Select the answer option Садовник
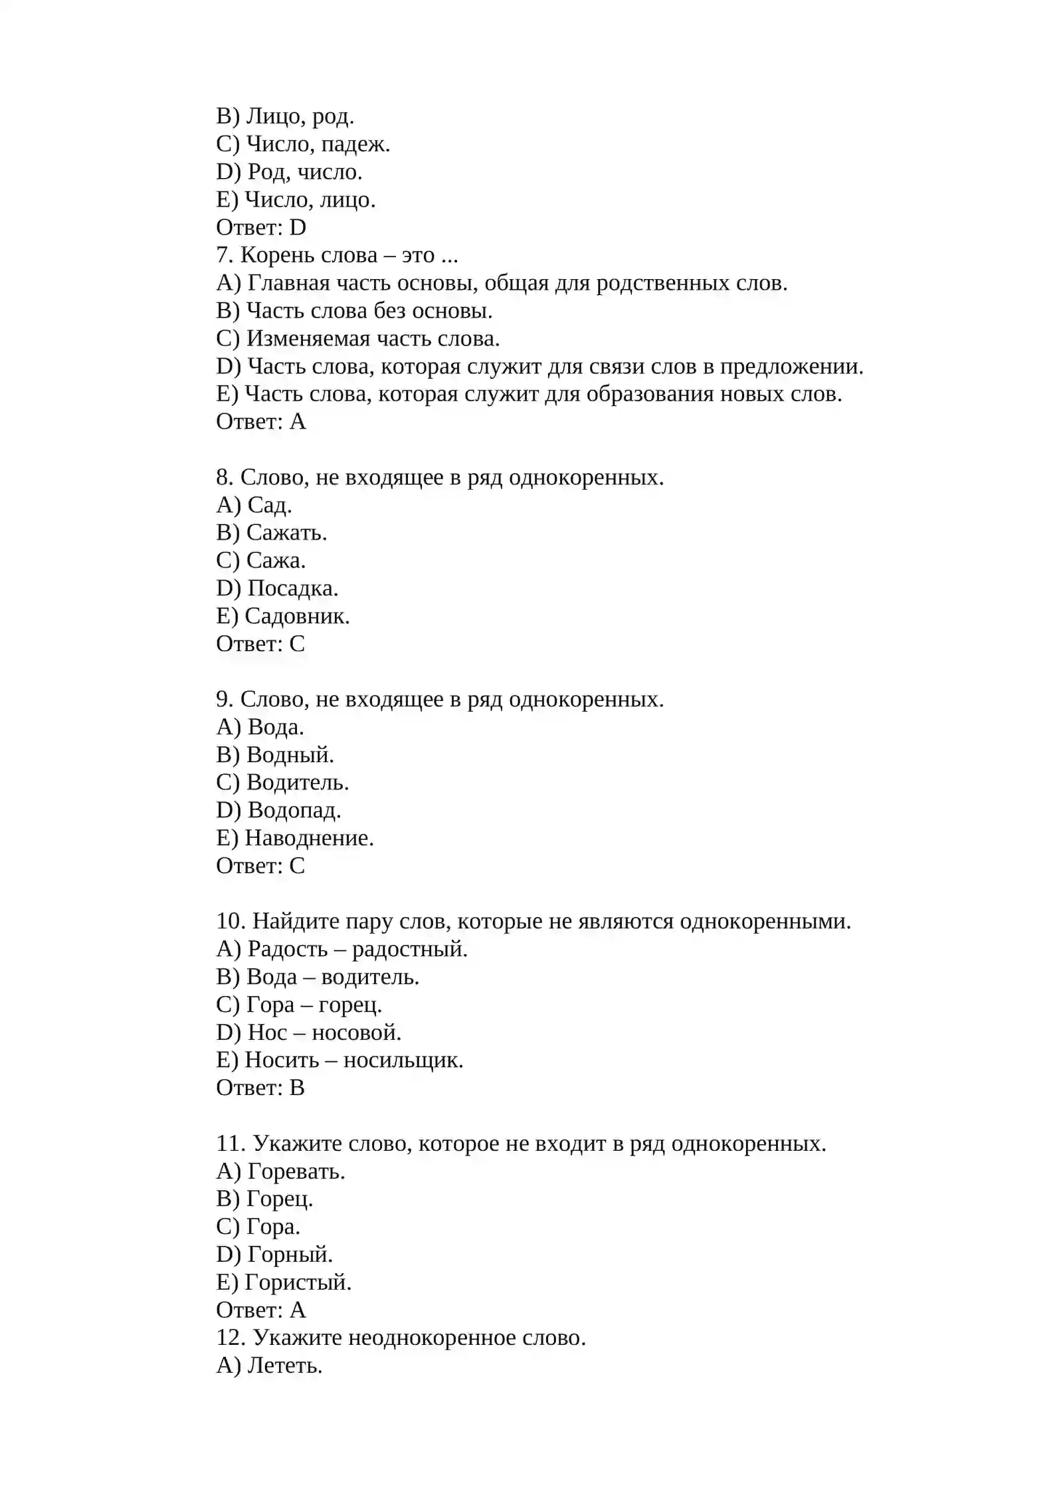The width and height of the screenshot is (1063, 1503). click(x=296, y=616)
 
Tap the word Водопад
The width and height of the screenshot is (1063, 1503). click(x=294, y=810)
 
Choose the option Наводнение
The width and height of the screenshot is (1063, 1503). click(x=309, y=838)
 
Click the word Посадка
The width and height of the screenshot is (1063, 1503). click(x=292, y=589)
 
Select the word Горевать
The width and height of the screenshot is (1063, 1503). click(x=296, y=1171)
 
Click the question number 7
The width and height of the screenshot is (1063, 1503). click(x=223, y=255)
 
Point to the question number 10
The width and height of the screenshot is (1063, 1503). click(x=231, y=922)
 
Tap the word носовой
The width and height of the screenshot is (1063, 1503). click(x=356, y=1033)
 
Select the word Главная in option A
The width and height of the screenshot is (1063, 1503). click(x=288, y=283)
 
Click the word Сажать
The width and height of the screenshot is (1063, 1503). click(x=286, y=533)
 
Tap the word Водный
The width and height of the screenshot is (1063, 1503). click(x=290, y=755)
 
